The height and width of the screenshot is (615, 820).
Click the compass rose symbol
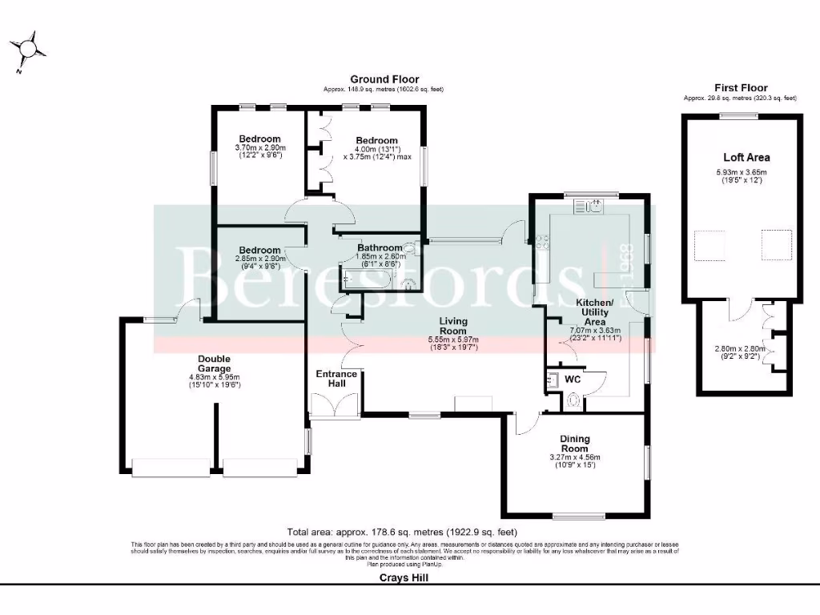point(29,50)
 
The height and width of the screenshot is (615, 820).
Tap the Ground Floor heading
point(384,79)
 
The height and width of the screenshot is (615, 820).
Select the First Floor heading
point(740,88)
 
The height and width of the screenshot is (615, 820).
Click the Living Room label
point(452,326)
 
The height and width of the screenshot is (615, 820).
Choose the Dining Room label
point(575,444)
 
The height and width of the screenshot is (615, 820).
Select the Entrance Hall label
point(331,379)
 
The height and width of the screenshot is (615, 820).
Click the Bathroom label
point(380,247)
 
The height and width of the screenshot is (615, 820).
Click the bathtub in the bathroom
point(364,279)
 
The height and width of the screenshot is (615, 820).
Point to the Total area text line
point(402,532)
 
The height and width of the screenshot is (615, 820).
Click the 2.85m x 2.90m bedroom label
point(258,259)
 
